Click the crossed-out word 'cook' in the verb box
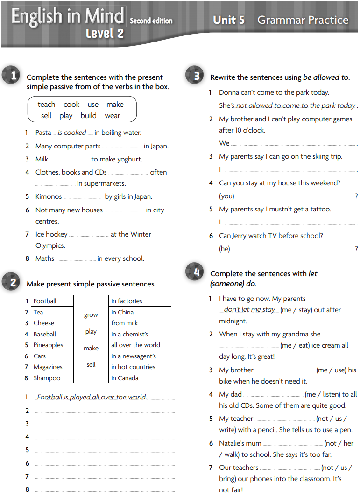(x=71, y=105)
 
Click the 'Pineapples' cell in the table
(x=48, y=345)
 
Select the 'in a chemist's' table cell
(x=129, y=334)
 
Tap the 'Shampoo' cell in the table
(x=47, y=378)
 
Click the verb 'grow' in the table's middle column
(x=91, y=315)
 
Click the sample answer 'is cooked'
(x=72, y=133)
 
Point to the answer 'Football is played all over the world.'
(x=92, y=398)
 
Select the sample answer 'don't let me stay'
(x=249, y=309)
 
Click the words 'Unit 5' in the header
(x=229, y=20)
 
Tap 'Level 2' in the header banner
(x=105, y=34)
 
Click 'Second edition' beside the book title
(x=151, y=21)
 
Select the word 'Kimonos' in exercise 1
(x=49, y=197)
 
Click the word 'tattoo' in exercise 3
(x=320, y=210)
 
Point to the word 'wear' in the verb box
(x=113, y=116)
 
